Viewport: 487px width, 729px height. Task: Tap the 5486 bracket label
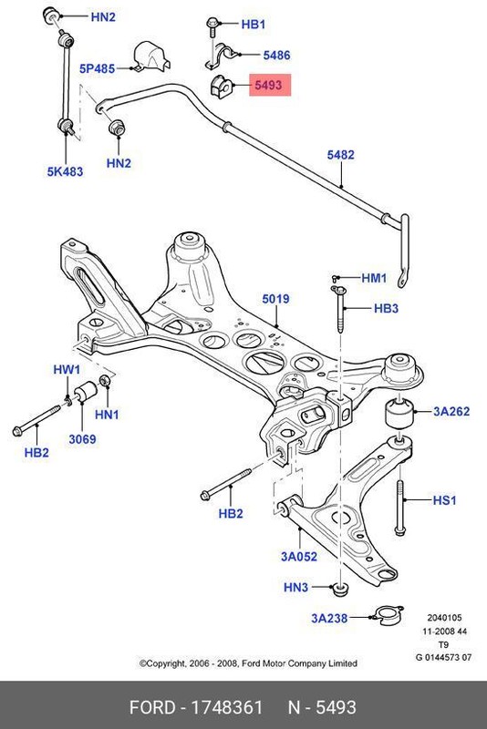(275, 56)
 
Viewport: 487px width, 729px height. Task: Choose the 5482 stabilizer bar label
(340, 155)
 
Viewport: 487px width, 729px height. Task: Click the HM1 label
(375, 278)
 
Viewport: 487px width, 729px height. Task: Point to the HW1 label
(67, 370)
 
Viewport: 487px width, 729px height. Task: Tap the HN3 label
(296, 588)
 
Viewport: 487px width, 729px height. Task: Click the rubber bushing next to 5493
(221, 87)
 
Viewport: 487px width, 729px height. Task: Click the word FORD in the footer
(152, 707)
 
